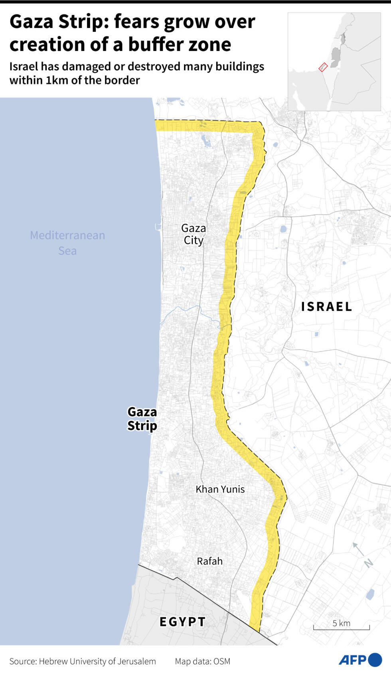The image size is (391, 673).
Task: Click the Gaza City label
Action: pos(194,234)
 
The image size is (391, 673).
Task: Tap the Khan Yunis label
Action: pos(220,489)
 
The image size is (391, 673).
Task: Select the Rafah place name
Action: pos(209,561)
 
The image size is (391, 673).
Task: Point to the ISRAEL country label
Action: pos(326,306)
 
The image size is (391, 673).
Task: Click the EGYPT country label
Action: pos(182,621)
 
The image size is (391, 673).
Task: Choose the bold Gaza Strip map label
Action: pos(142,418)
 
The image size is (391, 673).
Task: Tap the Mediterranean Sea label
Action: pos(67,243)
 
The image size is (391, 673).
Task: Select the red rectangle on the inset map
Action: pos(323,67)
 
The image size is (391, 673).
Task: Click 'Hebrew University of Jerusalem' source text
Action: pos(97,661)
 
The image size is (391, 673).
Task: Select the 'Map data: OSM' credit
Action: pos(202,661)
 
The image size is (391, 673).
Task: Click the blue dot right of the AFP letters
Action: pos(375,660)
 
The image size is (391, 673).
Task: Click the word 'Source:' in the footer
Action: pos(23,661)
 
